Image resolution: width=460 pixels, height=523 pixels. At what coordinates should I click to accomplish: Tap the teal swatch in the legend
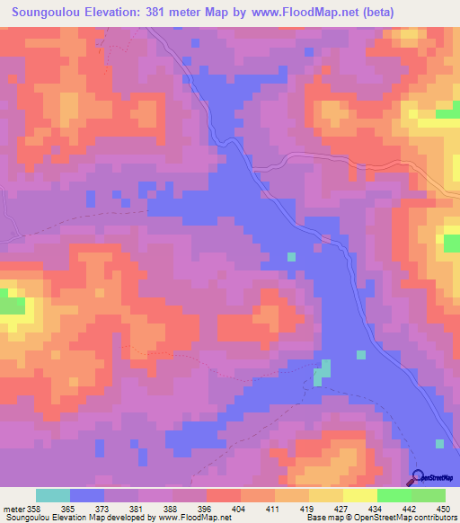pyautogui.click(x=53, y=495)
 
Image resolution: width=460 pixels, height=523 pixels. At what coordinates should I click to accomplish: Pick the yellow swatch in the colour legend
pyautogui.click(x=359, y=495)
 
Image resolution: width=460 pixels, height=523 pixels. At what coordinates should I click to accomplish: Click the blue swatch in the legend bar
pyautogui.click(x=87, y=495)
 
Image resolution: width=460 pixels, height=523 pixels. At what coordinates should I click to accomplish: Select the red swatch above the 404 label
pyautogui.click(x=224, y=495)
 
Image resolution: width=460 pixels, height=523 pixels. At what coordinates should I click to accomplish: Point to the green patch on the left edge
pyautogui.click(x=11, y=303)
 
